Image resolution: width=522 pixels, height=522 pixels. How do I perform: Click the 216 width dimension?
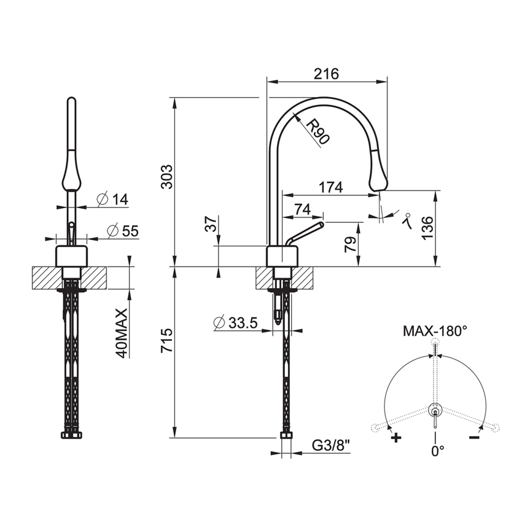(327, 73)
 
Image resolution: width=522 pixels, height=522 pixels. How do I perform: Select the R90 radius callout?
(317, 131)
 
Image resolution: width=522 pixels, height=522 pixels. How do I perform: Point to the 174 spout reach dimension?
(330, 187)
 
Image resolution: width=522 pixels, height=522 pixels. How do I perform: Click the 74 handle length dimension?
(302, 209)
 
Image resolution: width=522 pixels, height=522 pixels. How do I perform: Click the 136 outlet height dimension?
(428, 228)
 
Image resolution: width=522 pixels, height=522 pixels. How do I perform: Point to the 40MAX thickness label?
(121, 333)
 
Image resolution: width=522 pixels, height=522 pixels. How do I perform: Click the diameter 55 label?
(122, 231)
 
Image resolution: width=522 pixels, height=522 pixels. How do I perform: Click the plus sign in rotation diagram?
(396, 438)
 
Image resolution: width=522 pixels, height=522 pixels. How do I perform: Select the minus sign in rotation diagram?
(473, 437)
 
